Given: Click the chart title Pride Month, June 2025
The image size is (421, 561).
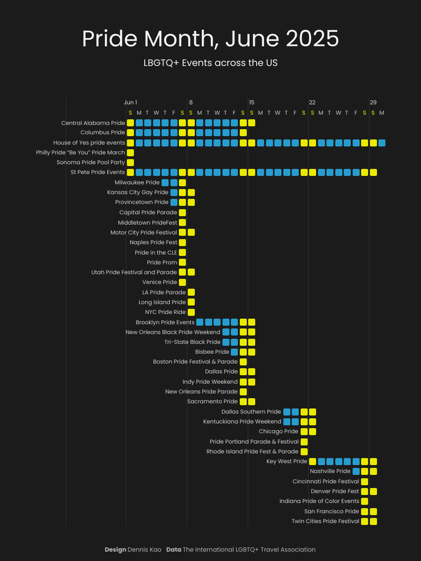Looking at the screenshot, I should coord(210,39).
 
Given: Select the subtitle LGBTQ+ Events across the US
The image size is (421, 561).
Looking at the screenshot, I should coord(210,63).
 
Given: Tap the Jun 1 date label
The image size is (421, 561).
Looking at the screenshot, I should coord(130,102).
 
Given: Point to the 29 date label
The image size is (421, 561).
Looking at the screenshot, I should coord(373,102).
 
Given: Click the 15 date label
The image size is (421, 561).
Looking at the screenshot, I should coord(251,102).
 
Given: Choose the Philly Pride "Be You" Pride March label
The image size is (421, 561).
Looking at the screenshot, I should coord(81,153).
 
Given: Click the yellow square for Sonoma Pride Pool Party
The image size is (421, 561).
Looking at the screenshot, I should coord(130,162).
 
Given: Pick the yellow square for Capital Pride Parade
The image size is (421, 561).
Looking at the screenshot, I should coord(182,212).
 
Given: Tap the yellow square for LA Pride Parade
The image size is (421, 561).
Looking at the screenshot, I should coord(191,292).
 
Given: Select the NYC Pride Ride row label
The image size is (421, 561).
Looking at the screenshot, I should coord(165,312).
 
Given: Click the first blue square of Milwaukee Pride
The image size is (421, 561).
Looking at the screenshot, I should coord(165,182).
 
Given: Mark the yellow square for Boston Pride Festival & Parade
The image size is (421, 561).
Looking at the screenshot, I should coord(243,362).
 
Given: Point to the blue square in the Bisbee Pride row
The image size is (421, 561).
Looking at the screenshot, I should coord(234,352).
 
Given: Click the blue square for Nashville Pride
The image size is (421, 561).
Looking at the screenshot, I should coord(356,471).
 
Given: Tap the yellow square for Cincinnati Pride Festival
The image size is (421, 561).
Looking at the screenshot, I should coord(364,481).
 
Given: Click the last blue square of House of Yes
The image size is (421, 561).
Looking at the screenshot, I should coord(382,143).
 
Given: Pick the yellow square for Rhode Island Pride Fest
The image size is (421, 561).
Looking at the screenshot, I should coord(304,452).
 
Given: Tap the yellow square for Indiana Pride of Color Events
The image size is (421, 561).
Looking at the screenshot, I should coord(364,501).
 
